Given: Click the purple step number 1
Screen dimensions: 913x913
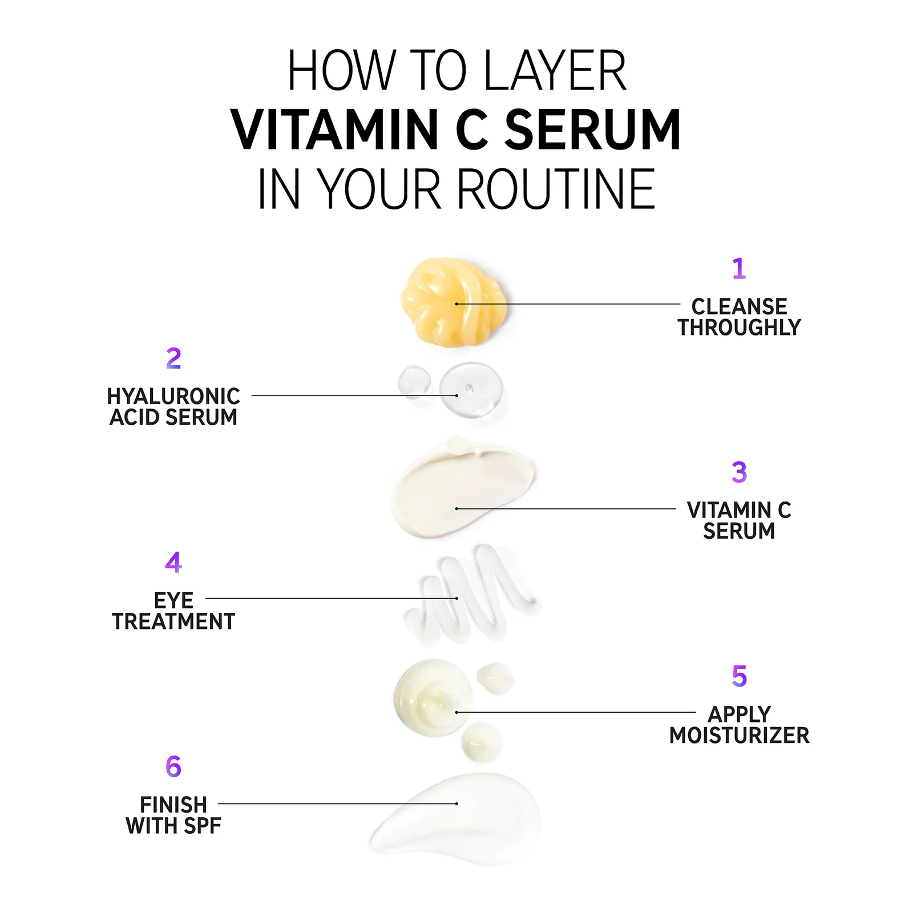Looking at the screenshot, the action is [739, 268].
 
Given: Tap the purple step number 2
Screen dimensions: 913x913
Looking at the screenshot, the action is [173, 358].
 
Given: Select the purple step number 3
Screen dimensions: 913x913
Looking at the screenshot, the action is [739, 472].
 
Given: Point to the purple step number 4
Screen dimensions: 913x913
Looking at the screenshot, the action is [173, 562].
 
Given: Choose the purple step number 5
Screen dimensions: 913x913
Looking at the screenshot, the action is [739, 676].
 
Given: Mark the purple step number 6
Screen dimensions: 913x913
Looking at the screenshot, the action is [173, 766].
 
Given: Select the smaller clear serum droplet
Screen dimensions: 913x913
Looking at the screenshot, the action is [415, 381].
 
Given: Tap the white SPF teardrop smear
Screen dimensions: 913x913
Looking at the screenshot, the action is [457, 819].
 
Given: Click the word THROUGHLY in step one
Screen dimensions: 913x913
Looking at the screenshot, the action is [739, 328].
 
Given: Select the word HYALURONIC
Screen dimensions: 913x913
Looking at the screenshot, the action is [173, 396].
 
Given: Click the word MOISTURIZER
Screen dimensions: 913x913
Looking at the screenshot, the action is [739, 736].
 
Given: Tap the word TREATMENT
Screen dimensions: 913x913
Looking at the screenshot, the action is [173, 621].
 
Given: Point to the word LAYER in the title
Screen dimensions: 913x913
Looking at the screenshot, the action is [555, 71].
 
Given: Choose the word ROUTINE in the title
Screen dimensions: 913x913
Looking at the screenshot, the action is [556, 189].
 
